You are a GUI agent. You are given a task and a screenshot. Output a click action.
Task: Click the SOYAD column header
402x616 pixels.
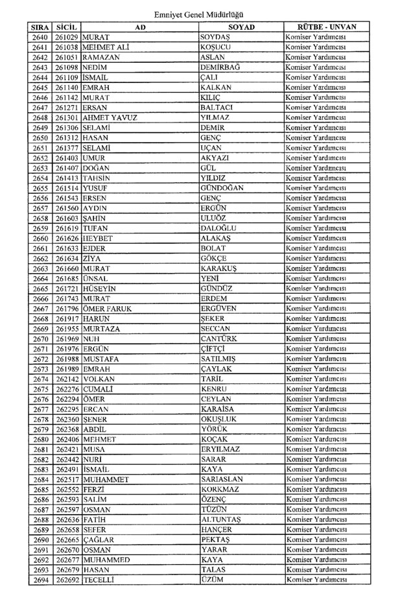coord(241,28)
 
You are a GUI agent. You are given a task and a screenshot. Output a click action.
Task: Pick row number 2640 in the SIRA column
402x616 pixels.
coord(40,38)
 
